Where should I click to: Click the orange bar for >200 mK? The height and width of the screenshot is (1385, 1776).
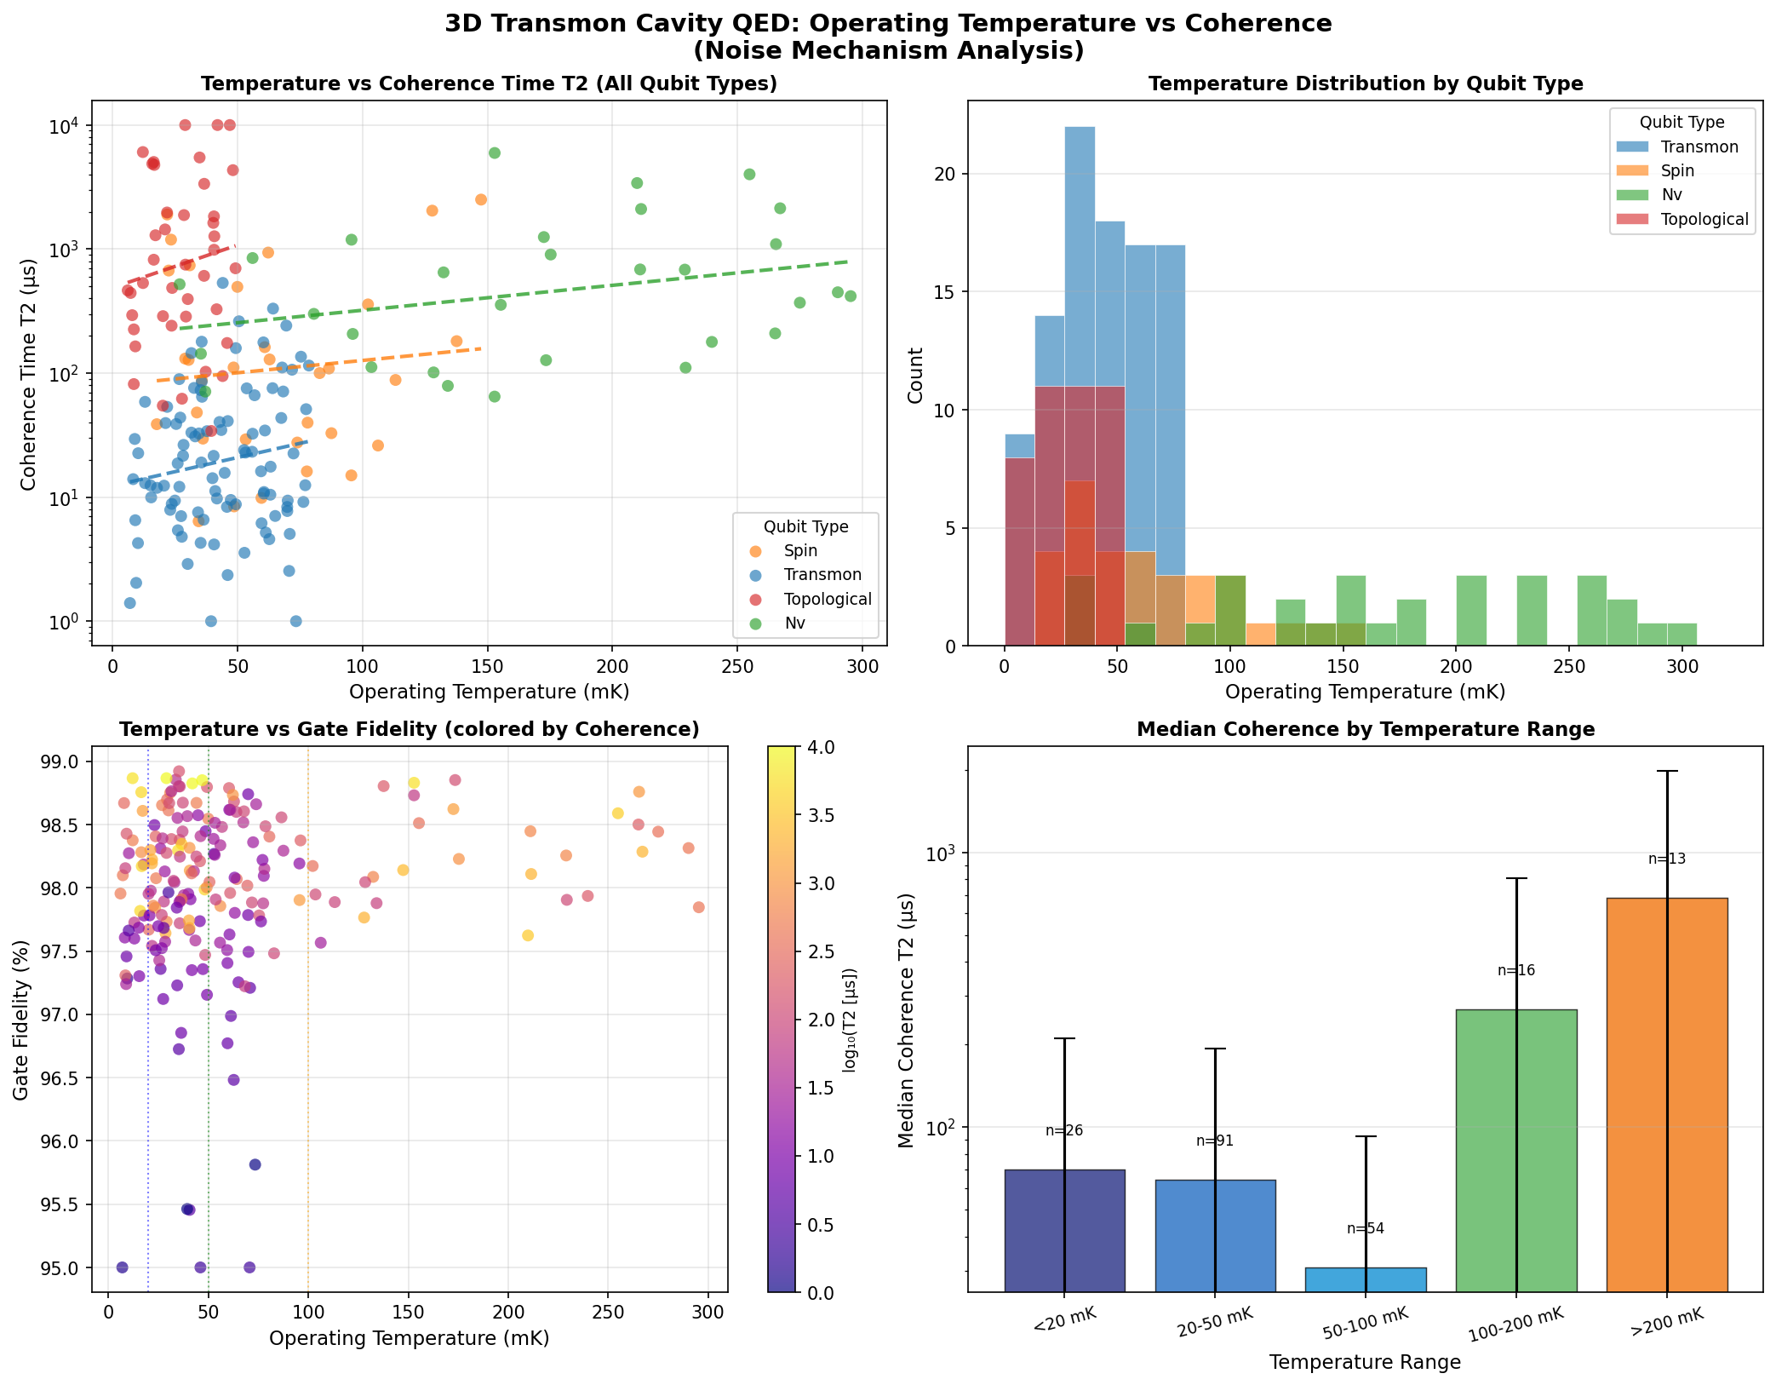pyautogui.click(x=1666, y=1095)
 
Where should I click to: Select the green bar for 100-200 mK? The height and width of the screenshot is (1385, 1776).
pyautogui.click(x=1515, y=1150)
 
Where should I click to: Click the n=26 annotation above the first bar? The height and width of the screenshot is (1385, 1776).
pyautogui.click(x=1064, y=1131)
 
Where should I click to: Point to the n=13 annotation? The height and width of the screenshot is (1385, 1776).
pyautogui.click(x=1666, y=859)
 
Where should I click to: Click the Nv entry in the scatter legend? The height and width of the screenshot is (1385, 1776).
pyautogui.click(x=795, y=624)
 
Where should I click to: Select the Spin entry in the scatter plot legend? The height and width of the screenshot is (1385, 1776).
pyautogui.click(x=800, y=551)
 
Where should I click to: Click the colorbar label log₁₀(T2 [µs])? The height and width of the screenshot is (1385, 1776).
pyautogui.click(x=851, y=1020)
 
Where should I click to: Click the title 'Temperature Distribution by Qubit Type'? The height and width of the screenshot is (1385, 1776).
pyautogui.click(x=1365, y=83)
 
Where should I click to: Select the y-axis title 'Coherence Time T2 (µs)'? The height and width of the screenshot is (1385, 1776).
pyautogui.click(x=29, y=375)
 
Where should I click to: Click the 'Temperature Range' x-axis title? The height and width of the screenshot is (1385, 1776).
pyautogui.click(x=1365, y=1363)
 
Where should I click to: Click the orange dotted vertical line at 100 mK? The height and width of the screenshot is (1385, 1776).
pyautogui.click(x=308, y=1022)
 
